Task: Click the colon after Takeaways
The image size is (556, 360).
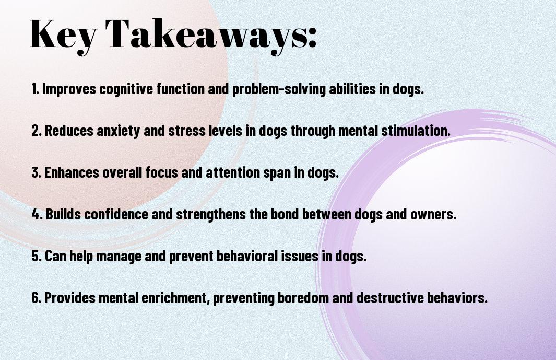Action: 312,38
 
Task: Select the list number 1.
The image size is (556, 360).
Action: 35,89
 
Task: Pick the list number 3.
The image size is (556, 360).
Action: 36,172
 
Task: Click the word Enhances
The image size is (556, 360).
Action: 72,172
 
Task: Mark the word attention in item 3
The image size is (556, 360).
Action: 233,172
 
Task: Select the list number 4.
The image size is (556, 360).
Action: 37,214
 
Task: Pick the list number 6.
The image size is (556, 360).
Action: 37,298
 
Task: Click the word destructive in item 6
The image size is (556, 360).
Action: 389,298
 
